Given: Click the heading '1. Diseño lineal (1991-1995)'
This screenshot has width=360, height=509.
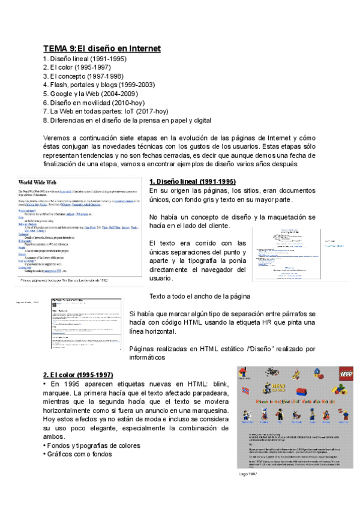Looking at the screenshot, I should click(192, 181).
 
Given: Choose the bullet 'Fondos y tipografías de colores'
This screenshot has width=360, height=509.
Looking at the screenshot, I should click(92, 445).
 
